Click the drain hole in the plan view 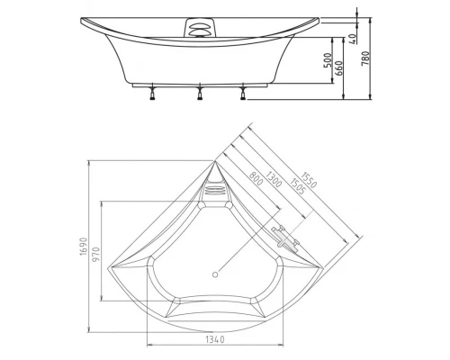pos(214,274)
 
